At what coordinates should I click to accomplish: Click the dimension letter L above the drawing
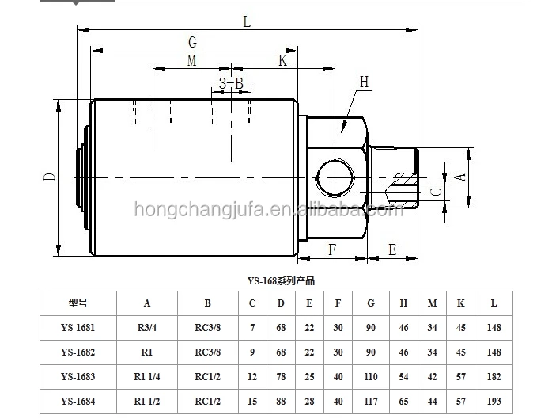[x=247, y=22]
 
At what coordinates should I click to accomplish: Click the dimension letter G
[x=192, y=42]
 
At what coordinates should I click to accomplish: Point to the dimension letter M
[x=191, y=62]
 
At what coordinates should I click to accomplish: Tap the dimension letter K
[x=282, y=62]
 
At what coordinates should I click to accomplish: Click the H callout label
[x=364, y=82]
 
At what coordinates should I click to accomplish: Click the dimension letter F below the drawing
[x=333, y=249]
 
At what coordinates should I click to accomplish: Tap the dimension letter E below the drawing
[x=391, y=249]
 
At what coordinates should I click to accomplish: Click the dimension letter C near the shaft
[x=435, y=191]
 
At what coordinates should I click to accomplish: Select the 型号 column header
[x=78, y=303]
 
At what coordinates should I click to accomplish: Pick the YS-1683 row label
[x=78, y=377]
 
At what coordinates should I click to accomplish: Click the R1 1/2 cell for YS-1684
[x=147, y=402]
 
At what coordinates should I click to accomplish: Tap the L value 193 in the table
[x=494, y=402]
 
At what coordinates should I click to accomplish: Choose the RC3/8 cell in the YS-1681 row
[x=207, y=328]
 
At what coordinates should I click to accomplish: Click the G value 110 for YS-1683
[x=371, y=377]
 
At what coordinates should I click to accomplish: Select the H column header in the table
[x=403, y=303]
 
